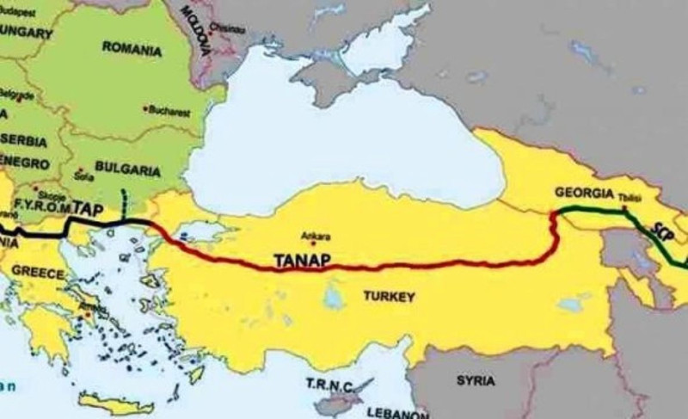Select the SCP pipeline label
point(661,231)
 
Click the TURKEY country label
point(389,297)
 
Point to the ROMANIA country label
point(132,49)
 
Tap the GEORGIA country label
point(584,192)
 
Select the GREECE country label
point(37,273)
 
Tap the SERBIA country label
point(23,139)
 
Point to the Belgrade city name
point(19,94)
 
